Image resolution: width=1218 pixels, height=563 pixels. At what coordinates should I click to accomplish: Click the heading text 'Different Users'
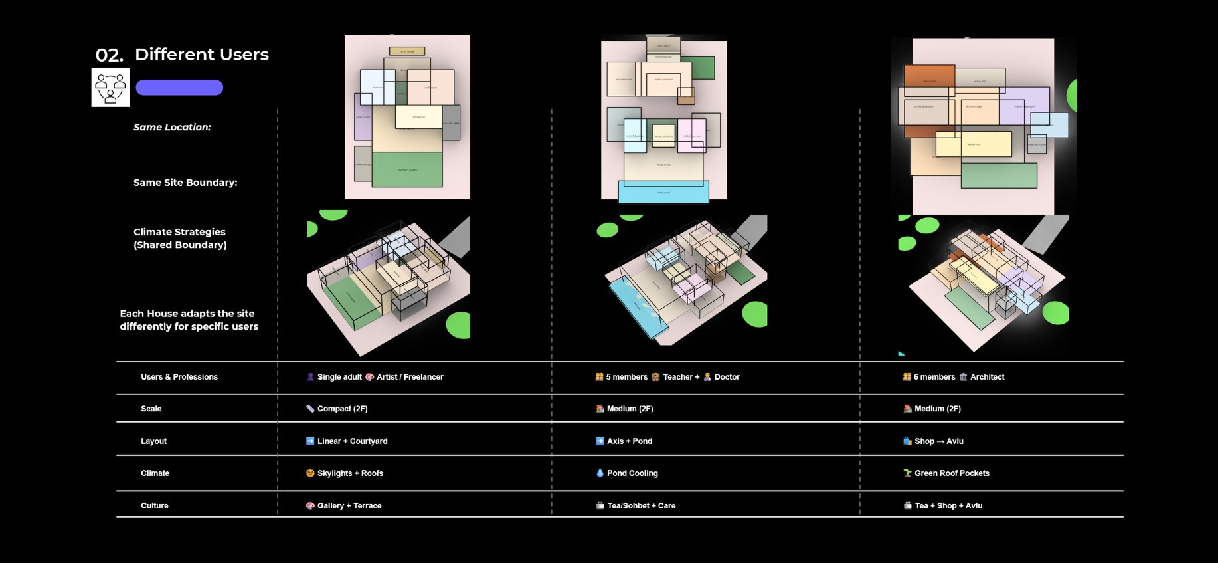[201, 55]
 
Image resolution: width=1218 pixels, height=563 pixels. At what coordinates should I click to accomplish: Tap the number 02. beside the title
[109, 56]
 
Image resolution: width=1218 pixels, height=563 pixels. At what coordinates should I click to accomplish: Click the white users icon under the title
[110, 88]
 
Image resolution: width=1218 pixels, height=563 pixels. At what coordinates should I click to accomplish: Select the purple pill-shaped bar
[179, 88]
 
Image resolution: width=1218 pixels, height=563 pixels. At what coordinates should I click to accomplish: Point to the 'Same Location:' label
[172, 127]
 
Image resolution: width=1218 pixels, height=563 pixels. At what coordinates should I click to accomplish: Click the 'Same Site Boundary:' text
[185, 183]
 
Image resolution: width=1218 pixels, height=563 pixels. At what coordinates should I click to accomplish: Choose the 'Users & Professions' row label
[179, 377]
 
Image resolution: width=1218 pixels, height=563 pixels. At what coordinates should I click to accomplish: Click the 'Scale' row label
[151, 409]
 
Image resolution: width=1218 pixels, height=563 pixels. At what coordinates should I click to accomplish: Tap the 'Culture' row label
[155, 506]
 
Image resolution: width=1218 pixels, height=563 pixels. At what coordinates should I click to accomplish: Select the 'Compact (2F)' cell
[342, 409]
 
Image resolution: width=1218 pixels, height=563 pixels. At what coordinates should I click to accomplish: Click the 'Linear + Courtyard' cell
[352, 441]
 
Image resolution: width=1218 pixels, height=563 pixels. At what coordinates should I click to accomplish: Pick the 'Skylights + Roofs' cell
[350, 473]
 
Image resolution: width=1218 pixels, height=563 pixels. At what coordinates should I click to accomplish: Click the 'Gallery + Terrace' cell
[349, 506]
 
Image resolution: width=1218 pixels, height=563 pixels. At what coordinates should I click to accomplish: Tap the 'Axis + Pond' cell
[629, 441]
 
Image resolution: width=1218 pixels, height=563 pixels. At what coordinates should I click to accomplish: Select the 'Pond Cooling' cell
[632, 473]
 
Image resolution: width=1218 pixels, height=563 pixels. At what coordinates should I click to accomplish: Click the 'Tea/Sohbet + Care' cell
[641, 506]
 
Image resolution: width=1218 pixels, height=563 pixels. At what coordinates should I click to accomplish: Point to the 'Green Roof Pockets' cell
[952, 473]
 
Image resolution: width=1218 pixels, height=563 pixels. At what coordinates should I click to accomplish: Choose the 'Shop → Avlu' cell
[938, 441]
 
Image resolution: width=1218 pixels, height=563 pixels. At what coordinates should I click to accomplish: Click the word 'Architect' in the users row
[987, 377]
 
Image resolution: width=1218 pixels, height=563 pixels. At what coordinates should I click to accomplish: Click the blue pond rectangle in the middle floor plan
[663, 192]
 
